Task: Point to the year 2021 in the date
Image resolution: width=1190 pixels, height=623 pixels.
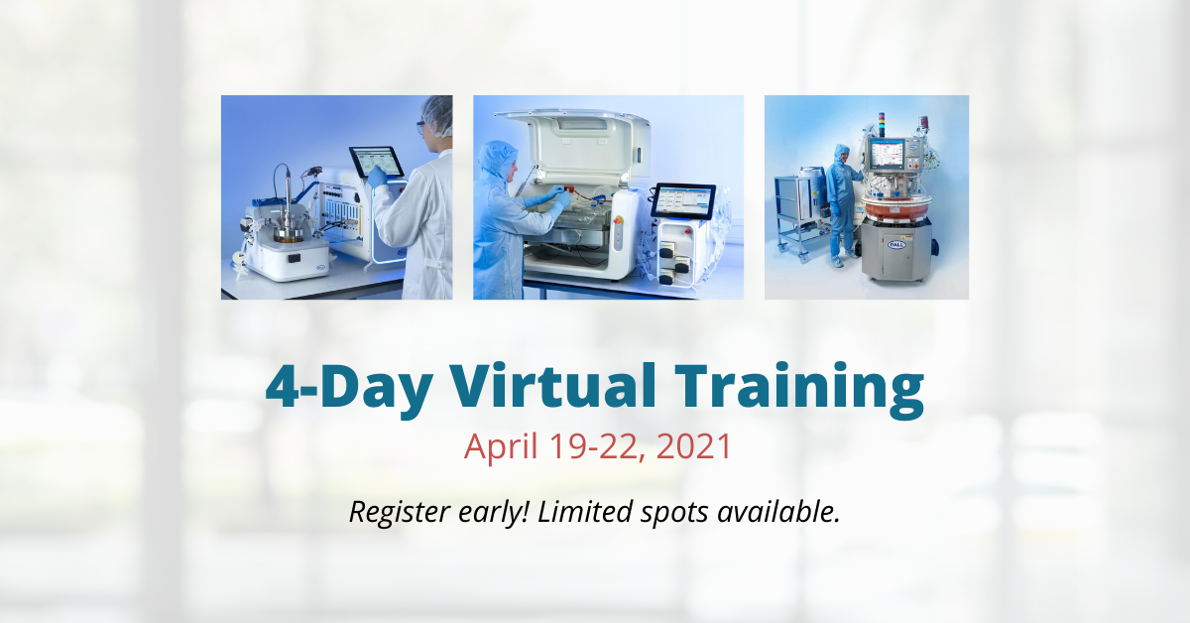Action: (x=694, y=446)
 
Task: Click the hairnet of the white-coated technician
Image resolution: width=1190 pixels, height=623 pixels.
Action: (x=437, y=114)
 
